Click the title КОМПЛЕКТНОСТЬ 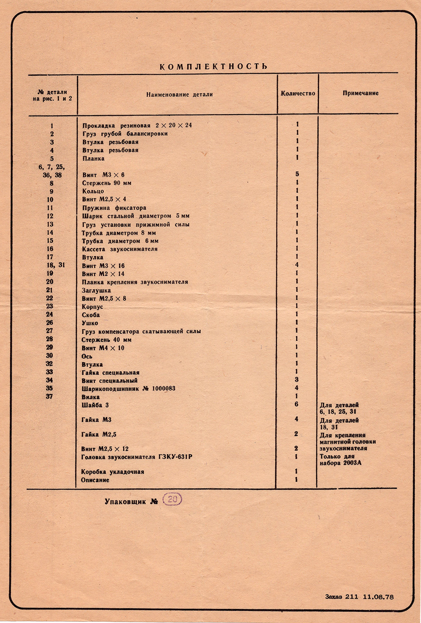213,67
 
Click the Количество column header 298,94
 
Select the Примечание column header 361,93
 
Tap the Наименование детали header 179,94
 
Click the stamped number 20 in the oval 172,499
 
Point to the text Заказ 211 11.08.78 359,596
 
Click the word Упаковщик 125,501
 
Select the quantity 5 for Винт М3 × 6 297,174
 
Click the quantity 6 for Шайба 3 296,404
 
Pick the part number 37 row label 49,396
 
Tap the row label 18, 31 56,265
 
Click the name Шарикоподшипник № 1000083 128,389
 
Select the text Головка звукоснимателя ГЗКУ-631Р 136,457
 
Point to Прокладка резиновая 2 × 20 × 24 137,126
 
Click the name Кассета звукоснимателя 120,249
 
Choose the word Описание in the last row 95,480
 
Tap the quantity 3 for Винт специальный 297,379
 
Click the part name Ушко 90,323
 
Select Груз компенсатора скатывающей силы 141,331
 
